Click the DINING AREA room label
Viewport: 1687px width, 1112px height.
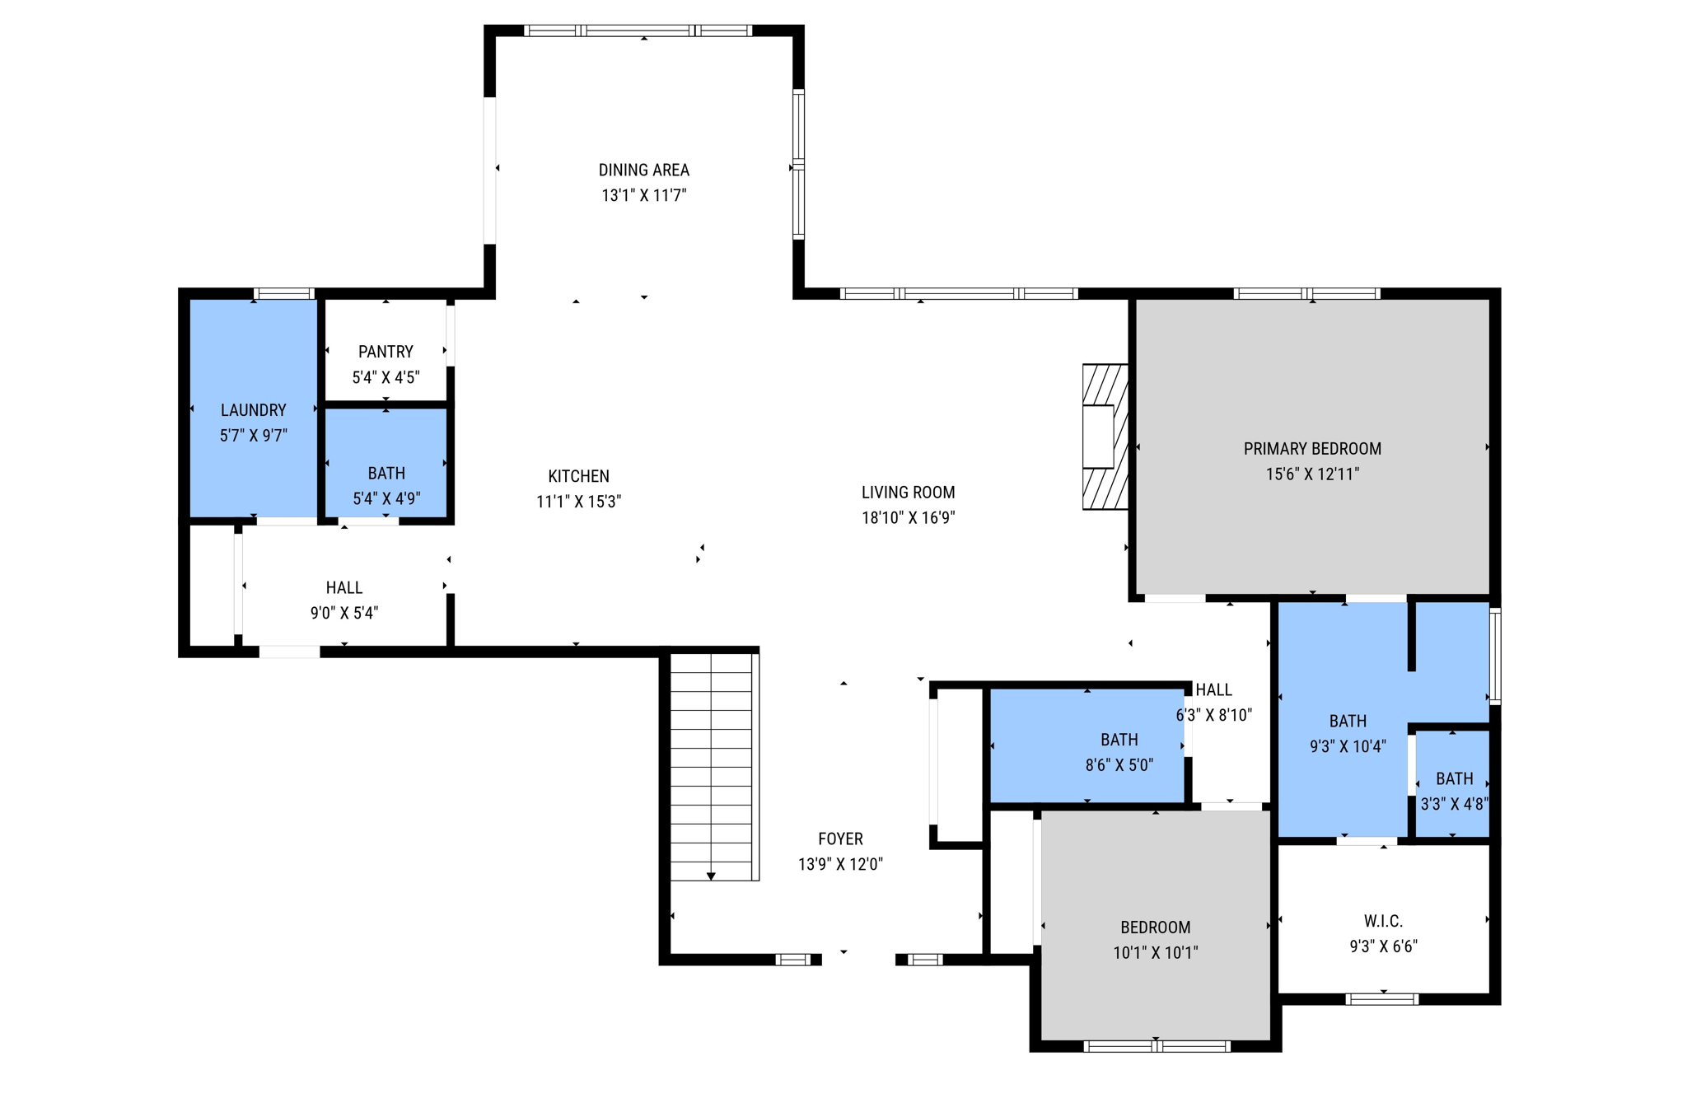pos(643,170)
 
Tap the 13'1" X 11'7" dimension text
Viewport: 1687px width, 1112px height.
pos(643,195)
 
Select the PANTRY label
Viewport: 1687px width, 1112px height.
pos(386,352)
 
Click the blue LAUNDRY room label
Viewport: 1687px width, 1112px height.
pos(253,410)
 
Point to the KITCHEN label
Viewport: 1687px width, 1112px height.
pos(578,476)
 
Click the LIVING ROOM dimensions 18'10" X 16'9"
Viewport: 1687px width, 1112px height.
pos(908,518)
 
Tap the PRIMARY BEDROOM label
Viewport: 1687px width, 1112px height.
pos(1311,449)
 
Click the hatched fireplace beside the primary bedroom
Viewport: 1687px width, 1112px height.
pos(1105,437)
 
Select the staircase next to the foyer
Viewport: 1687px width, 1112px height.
pos(711,766)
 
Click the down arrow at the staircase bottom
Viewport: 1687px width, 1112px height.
pos(711,876)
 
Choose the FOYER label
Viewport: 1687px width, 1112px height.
pos(840,839)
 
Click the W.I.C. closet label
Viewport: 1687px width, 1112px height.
pos(1382,921)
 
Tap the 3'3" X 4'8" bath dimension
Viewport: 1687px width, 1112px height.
pos(1454,805)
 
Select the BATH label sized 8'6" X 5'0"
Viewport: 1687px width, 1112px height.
pos(1119,740)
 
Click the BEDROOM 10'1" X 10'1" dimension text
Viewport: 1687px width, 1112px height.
pos(1155,953)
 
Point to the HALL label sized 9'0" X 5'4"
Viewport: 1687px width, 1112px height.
pos(343,587)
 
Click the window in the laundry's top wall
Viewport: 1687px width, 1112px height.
pos(283,294)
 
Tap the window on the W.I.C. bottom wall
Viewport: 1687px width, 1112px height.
pos(1381,999)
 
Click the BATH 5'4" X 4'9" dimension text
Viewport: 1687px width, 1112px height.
pos(386,498)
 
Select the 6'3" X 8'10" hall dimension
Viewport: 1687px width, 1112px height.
pos(1213,715)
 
